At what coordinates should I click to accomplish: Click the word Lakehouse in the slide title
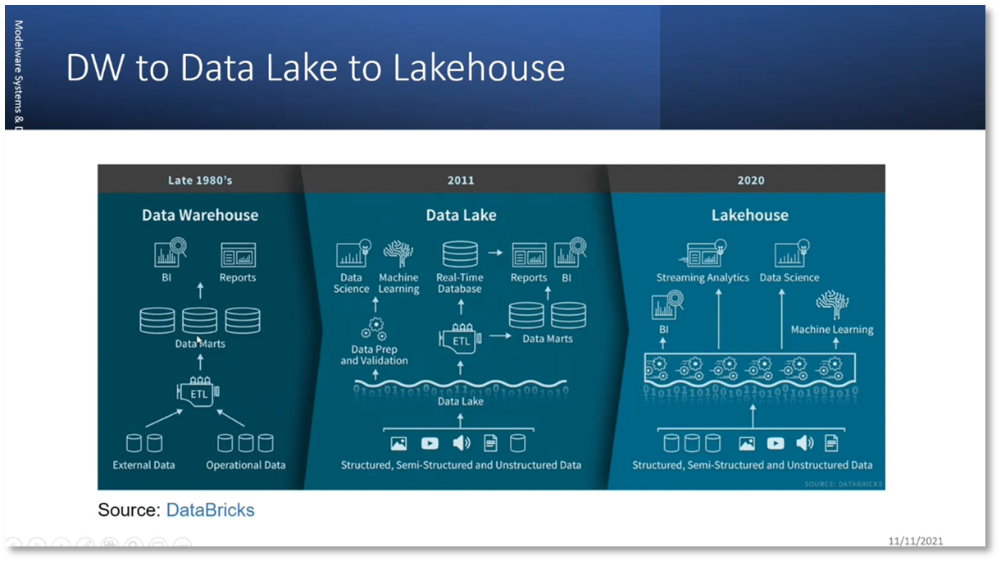click(479, 68)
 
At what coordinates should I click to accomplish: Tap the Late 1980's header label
click(200, 180)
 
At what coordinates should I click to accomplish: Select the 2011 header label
click(461, 180)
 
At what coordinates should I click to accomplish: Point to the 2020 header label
click(750, 180)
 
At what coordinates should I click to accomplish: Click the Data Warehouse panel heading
click(200, 215)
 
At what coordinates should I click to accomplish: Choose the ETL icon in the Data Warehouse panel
click(199, 392)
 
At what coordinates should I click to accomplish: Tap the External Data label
click(144, 465)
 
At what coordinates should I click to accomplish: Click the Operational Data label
click(246, 465)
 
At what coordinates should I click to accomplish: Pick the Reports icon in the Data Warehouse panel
click(239, 255)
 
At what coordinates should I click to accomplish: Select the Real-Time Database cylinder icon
click(460, 254)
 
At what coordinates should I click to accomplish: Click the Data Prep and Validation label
click(374, 355)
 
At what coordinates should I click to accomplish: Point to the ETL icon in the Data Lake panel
click(460, 339)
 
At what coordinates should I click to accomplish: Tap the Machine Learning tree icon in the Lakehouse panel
click(832, 304)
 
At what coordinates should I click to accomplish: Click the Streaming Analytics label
click(703, 278)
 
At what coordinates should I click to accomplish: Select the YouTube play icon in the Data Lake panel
click(430, 444)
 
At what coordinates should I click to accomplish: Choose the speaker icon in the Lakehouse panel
click(805, 444)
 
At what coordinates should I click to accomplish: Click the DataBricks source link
click(211, 510)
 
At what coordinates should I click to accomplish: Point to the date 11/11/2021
click(916, 541)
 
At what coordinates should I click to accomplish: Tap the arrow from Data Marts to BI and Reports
click(200, 290)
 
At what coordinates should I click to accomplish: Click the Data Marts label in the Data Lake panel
click(548, 339)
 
